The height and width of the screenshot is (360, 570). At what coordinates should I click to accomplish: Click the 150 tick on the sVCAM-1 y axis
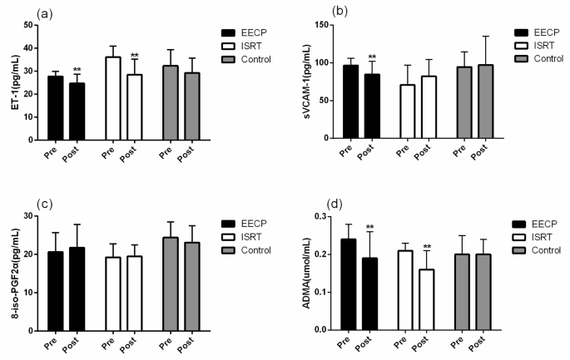325,25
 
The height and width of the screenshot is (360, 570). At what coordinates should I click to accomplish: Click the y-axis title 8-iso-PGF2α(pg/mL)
11,272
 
